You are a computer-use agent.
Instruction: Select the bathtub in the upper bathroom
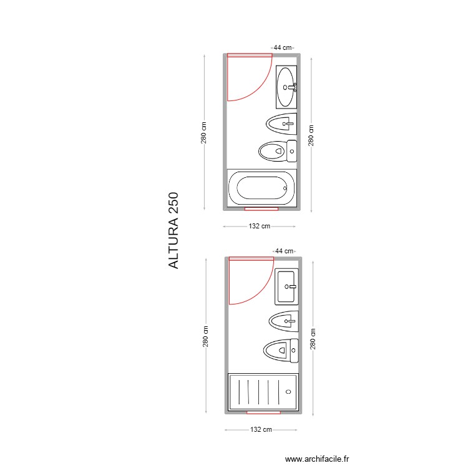[261, 188]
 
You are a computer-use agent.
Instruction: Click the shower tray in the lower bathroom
[263, 392]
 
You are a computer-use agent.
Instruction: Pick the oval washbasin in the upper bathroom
[286, 87]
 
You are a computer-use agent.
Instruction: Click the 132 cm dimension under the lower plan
[261, 430]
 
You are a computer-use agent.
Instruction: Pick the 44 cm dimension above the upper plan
[283, 47]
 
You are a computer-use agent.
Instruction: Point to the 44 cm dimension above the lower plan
[284, 251]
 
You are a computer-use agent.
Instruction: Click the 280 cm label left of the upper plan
[204, 132]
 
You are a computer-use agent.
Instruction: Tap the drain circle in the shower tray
[288, 392]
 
